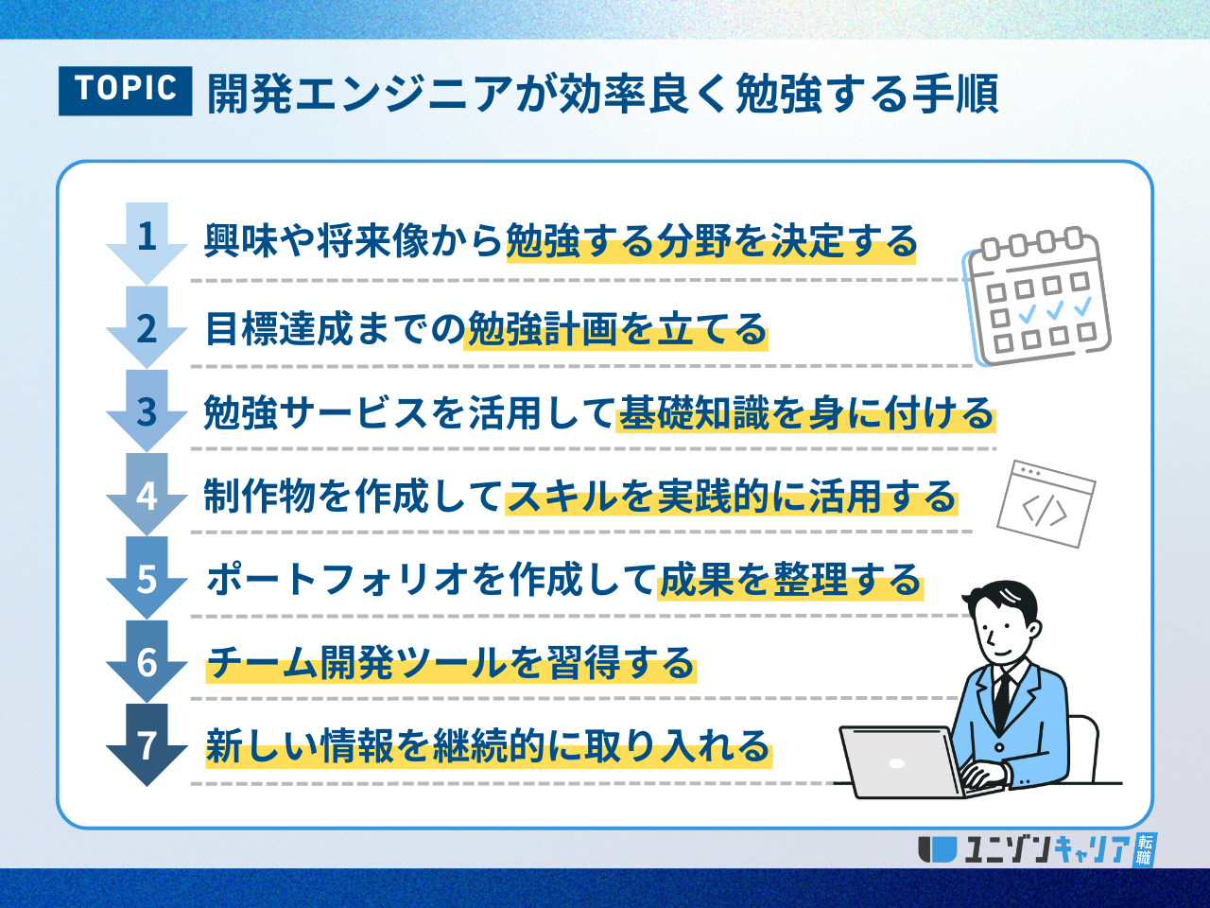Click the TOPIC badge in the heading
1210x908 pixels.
[x=125, y=91]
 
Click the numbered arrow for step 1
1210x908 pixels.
[x=147, y=243]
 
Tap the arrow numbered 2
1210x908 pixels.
[x=147, y=327]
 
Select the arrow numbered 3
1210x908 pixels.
[x=147, y=410]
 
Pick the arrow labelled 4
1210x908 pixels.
[x=147, y=494]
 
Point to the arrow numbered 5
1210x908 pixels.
[x=147, y=578]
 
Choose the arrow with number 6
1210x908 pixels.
[x=147, y=661]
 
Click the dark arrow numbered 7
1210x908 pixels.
[x=147, y=744]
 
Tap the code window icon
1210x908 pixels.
[x=1046, y=504]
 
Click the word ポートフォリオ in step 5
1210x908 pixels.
[x=337, y=579]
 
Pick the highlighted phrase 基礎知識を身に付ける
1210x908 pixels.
[x=806, y=413]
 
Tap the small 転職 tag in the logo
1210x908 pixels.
[x=1144, y=850]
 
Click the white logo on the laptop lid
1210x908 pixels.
[x=897, y=763]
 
